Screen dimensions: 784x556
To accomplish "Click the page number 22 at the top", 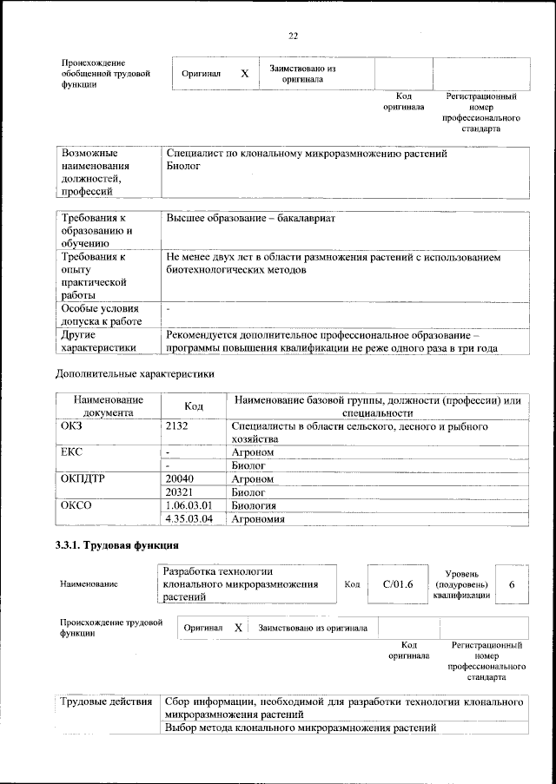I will click(293, 36).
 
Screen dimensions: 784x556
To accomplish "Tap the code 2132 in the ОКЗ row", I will click(176, 428).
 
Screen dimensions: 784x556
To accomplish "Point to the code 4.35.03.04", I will click(189, 519).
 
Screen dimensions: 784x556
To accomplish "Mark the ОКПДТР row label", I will click(83, 478).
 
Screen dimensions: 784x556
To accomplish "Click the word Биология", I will click(254, 505).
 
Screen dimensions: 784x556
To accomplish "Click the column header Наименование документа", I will click(108, 406).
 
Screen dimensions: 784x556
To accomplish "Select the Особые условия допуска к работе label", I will click(99, 315).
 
